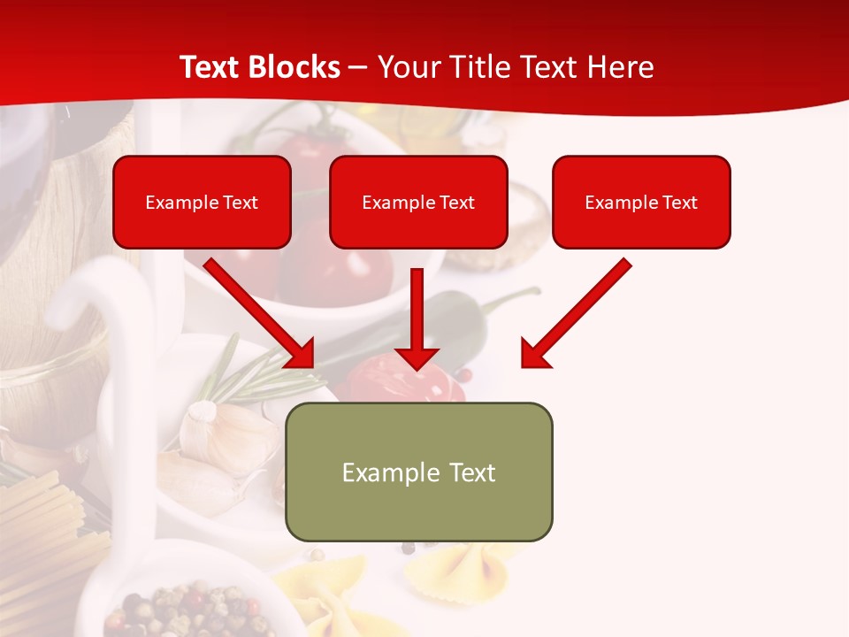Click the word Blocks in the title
[295, 67]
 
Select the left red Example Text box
[202, 203]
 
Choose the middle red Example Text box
[418, 203]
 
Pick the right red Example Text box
[641, 203]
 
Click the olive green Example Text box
[418, 472]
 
